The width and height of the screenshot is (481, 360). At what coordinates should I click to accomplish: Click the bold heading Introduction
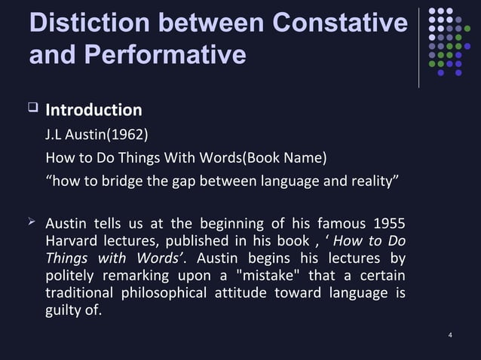(93, 111)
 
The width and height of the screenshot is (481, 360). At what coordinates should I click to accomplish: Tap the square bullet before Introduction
(32, 109)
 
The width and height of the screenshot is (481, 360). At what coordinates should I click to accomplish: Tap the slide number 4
(450, 334)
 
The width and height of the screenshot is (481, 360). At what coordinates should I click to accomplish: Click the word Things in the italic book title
(67, 258)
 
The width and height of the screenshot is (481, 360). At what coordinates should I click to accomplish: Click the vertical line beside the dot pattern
(419, 47)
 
